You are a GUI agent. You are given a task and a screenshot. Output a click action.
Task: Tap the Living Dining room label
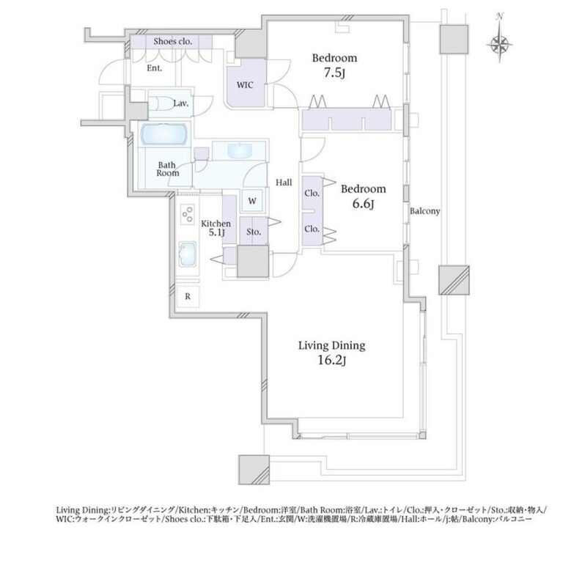(332, 346)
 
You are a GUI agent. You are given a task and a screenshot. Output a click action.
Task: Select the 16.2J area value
(332, 361)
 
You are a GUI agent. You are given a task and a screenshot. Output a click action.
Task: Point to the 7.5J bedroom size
(334, 73)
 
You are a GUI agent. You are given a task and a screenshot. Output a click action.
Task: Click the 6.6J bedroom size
(364, 204)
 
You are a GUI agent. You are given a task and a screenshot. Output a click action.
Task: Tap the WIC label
(245, 85)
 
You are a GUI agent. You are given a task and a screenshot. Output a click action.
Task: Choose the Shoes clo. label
(173, 41)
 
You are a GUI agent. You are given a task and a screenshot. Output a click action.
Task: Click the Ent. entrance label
(155, 68)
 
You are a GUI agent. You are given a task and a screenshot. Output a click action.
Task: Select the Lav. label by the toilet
(181, 104)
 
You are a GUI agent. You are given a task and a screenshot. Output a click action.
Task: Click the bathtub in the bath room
(164, 134)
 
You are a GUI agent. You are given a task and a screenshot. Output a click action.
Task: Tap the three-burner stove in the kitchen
(188, 214)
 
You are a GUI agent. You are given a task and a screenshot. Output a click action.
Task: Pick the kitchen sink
(188, 254)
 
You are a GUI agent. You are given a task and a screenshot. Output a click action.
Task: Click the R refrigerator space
(188, 297)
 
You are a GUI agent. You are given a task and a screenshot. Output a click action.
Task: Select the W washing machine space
(252, 201)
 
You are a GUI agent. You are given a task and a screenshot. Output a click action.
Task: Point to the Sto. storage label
(254, 232)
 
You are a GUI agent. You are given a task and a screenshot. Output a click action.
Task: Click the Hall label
(284, 183)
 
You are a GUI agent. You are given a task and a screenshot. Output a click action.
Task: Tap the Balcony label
(425, 211)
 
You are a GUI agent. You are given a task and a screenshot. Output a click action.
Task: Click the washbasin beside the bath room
(240, 150)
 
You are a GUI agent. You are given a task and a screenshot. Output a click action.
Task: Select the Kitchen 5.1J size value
(217, 232)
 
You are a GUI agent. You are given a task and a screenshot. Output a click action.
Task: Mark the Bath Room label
(168, 169)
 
